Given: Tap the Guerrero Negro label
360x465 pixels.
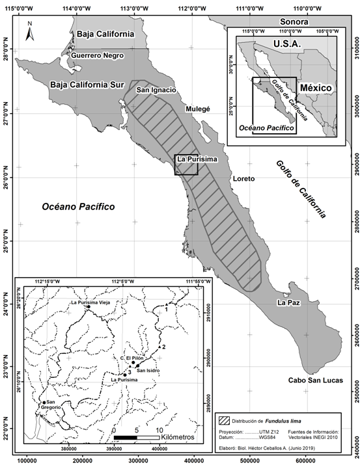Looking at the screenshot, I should coord(98,55).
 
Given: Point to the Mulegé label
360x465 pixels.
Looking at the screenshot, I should coord(198,110).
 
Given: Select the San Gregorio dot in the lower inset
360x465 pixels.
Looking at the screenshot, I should coord(44,403).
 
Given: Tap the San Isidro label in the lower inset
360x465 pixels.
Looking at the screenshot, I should coord(148,370).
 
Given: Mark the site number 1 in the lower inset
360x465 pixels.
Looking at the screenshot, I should coord(167,310).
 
